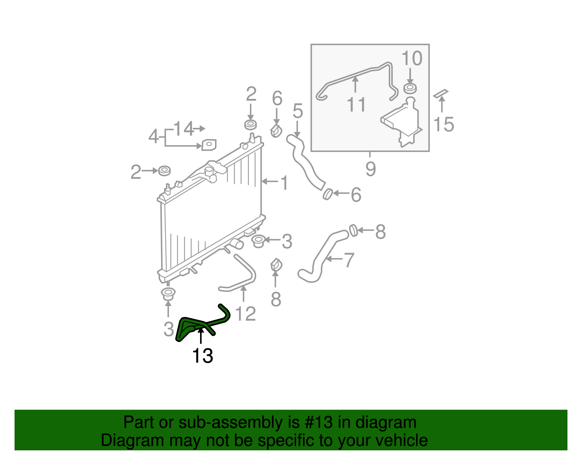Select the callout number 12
[246, 314]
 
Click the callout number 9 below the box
[370, 169]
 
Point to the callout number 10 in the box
[412, 59]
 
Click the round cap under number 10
[410, 88]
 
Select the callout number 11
[356, 105]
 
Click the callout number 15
[444, 124]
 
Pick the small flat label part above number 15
[441, 94]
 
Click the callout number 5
[298, 111]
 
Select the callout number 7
[349, 260]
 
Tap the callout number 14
[184, 129]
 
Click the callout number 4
[154, 137]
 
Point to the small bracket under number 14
[209, 145]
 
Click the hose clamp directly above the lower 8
[276, 265]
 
